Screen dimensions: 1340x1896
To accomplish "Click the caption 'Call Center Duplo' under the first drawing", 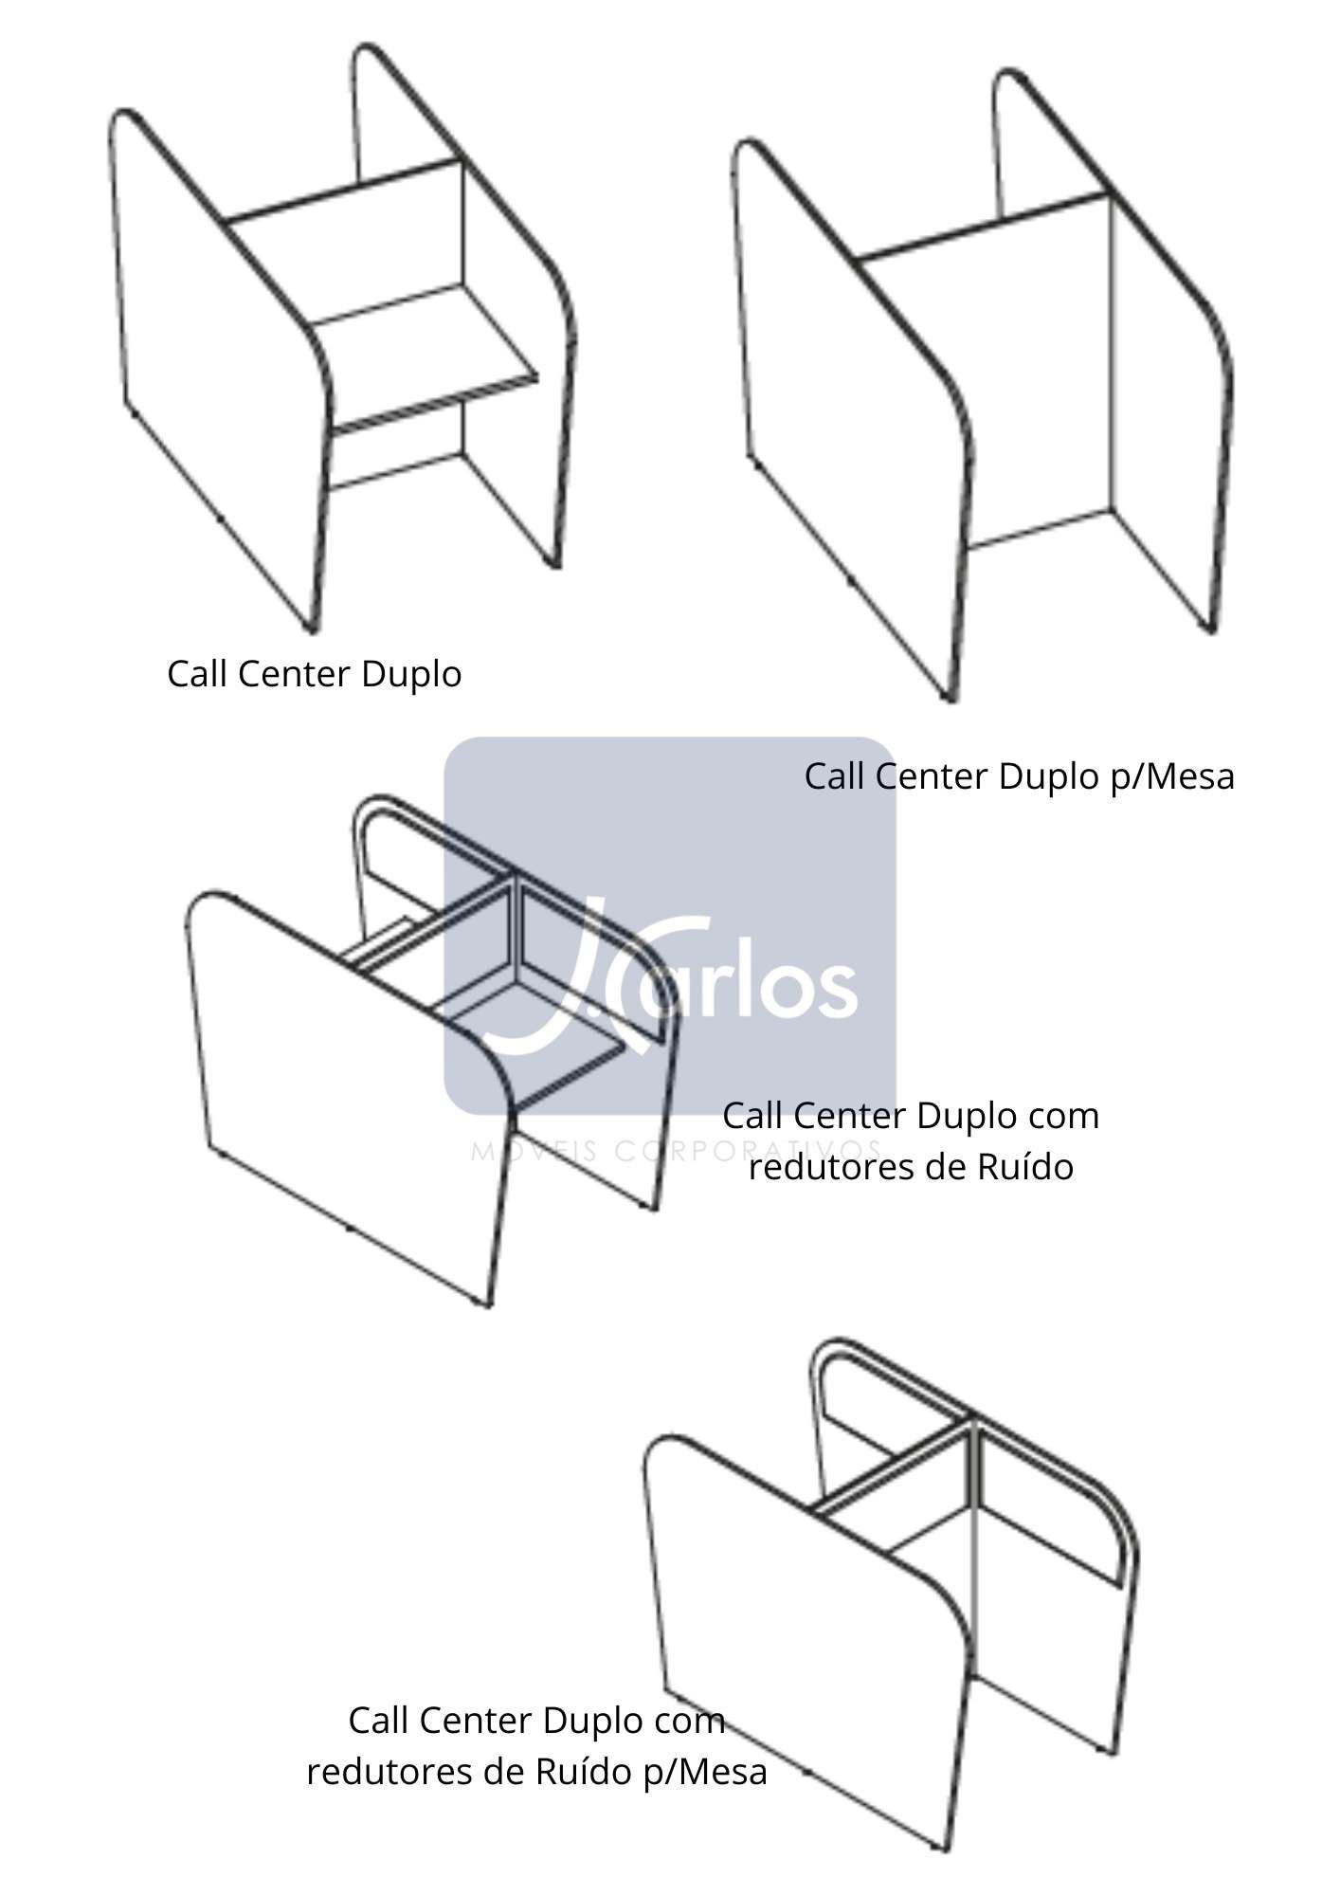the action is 315,674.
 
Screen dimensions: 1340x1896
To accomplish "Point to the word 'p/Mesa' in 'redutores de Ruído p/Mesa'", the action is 704,1771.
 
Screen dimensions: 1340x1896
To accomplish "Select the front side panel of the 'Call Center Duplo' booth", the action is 218,370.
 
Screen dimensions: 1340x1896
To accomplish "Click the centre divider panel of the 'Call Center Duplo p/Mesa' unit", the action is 986,379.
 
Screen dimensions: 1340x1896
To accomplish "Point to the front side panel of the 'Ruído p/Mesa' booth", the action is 806,1631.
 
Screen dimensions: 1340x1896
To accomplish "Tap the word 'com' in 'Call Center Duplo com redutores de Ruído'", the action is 1063,1117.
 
